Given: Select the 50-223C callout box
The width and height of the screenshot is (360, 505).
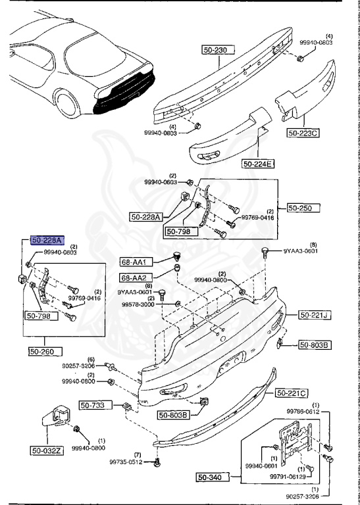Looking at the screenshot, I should (x=303, y=133).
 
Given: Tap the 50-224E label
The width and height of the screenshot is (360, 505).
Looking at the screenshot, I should (x=258, y=163).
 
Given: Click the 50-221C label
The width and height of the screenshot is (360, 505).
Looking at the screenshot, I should (x=292, y=393).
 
